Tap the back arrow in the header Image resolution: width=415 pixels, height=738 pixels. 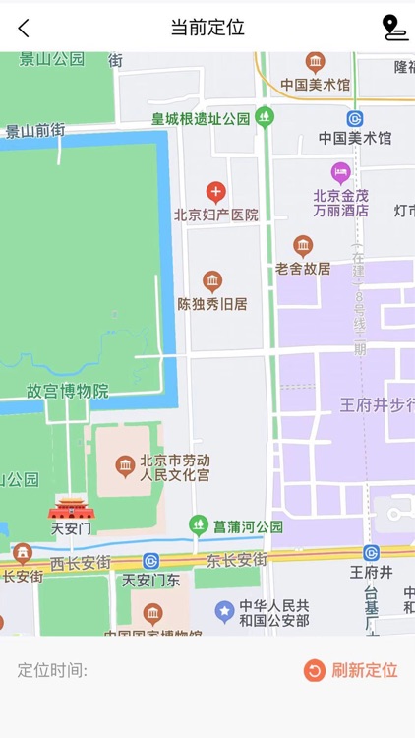point(24,28)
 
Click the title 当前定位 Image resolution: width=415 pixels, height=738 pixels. point(207,28)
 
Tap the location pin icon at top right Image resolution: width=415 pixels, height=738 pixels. point(393,28)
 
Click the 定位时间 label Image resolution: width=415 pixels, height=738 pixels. point(53,670)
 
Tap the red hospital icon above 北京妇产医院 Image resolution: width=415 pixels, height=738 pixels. point(215,192)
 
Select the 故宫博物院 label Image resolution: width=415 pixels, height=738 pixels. point(67,391)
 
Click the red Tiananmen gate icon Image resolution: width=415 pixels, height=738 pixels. point(71,508)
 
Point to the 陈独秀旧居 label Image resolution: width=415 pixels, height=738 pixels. point(212,304)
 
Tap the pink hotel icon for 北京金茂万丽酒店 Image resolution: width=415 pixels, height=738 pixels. point(340,173)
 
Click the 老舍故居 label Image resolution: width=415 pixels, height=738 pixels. point(303,268)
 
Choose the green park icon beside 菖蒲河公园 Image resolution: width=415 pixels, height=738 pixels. point(199,525)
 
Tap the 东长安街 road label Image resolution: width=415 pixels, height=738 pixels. point(237,559)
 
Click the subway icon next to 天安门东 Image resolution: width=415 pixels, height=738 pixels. point(150,561)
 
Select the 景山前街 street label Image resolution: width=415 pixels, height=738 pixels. point(35,130)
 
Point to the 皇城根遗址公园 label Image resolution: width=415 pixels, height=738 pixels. point(201,118)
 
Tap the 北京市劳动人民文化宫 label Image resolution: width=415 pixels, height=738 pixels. point(174,467)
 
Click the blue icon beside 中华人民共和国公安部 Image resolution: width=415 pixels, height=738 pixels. point(225,612)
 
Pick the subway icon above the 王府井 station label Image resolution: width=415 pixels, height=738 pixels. point(371,553)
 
